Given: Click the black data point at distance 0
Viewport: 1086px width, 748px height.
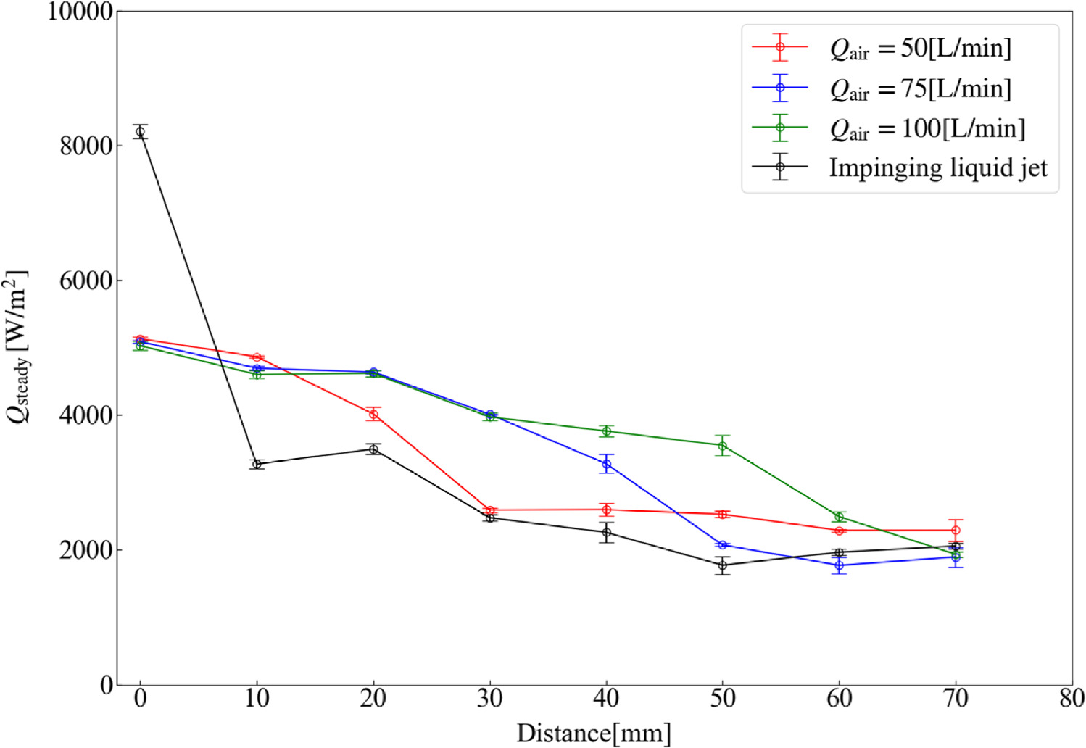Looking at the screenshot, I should [140, 131].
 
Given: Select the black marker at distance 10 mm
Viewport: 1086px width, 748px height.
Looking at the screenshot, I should [257, 464].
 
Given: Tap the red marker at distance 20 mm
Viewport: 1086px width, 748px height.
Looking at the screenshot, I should [373, 414].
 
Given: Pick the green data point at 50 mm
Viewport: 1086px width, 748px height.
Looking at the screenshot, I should [723, 446].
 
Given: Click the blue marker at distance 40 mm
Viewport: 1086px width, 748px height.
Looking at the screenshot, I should [607, 464].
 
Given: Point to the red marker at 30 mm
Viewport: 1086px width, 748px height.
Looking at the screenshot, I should [490, 510].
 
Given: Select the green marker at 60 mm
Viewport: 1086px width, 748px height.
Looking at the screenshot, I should [840, 517].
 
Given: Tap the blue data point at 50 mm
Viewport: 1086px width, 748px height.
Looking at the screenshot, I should [723, 545].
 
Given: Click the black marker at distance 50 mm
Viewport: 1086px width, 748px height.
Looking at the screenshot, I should [723, 565].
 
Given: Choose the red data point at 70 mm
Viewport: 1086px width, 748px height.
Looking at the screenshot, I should [956, 531].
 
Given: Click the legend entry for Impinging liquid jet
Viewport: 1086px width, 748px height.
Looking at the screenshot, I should [938, 167].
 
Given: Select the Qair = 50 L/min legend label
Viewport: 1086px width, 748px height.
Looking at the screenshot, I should [920, 49].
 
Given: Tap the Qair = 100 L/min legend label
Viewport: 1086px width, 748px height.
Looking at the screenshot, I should [927, 128].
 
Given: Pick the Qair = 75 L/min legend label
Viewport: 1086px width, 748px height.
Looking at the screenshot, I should [920, 88].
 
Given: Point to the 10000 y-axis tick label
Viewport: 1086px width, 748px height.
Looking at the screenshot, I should [80, 12].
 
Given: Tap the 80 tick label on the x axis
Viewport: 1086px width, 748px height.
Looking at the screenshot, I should [1072, 699].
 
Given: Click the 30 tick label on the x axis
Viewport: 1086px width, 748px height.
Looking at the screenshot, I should [490, 699].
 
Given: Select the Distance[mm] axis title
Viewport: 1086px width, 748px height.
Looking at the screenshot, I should [594, 733].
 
